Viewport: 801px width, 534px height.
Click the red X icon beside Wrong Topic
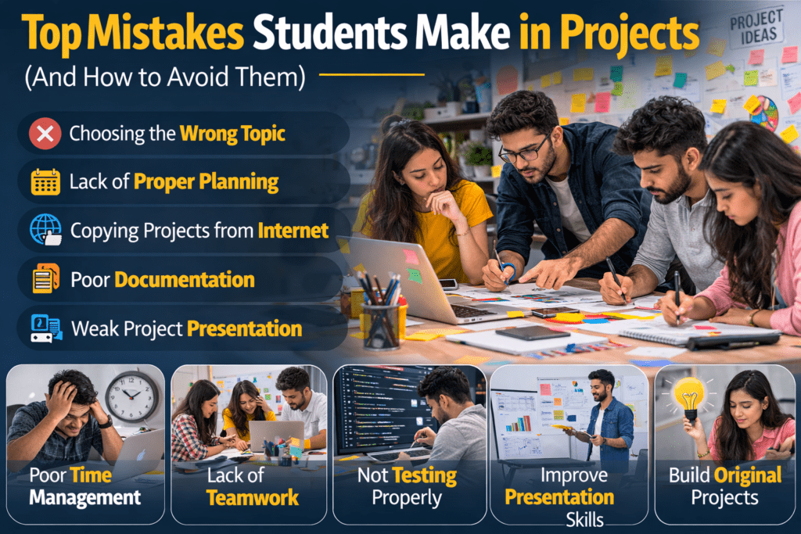tap(45, 134)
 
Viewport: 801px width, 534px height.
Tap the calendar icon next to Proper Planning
tap(45, 182)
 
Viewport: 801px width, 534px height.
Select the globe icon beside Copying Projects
tap(45, 230)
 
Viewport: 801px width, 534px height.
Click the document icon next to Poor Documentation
tap(45, 279)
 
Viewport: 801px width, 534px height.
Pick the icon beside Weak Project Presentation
tap(45, 328)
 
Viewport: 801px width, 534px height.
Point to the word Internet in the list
tap(294, 231)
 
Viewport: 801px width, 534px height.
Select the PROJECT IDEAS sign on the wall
tap(756, 26)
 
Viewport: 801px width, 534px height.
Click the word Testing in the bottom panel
tap(425, 475)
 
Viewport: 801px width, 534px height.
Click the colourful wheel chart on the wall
tap(764, 113)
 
